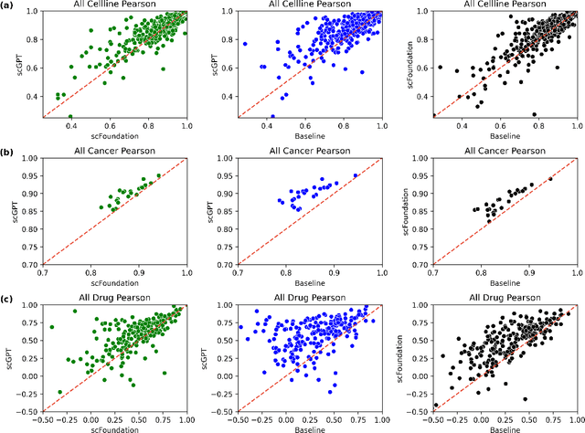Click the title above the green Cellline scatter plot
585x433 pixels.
(114, 5)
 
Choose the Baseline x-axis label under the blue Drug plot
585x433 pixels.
(309, 427)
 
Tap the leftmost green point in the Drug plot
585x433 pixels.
(51, 327)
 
